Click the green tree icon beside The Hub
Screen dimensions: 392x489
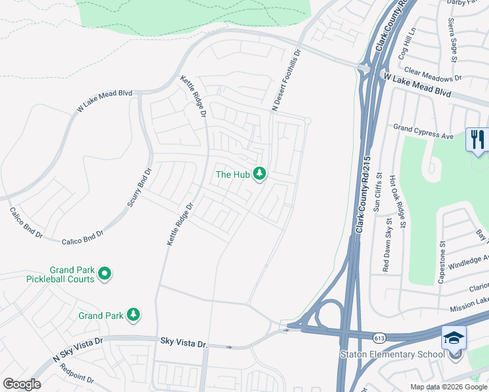[260, 174]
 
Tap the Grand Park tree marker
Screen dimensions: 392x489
[133, 315]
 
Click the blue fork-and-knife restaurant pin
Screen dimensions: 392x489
[477, 140]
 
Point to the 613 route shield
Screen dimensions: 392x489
[379, 338]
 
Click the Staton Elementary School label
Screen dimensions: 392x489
[392, 355]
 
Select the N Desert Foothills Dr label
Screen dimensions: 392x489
[285, 82]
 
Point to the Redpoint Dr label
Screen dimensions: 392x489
[76, 377]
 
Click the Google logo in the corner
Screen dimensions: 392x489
[22, 384]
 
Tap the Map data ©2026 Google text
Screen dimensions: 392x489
[448, 387]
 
